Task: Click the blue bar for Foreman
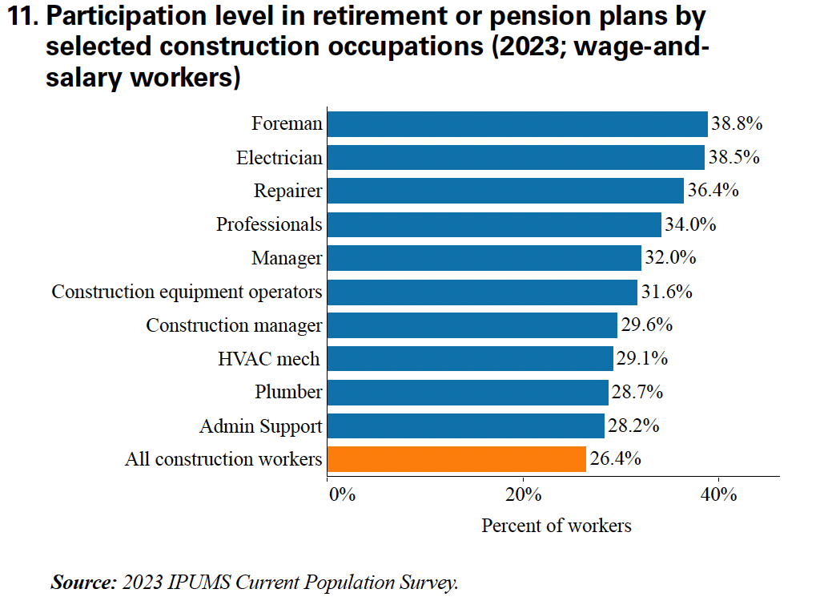point(517,124)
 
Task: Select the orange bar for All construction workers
point(456,459)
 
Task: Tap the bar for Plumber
point(468,393)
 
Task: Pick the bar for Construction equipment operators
point(482,292)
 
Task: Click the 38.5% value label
point(733,158)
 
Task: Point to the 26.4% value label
point(615,460)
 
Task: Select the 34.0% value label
point(689,225)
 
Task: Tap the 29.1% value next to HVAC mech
point(641,359)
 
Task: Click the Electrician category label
point(279,158)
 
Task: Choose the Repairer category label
point(287,192)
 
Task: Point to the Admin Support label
point(260,426)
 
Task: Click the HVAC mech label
point(268,359)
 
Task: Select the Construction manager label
point(234,325)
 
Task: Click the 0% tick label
point(342,494)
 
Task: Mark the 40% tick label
point(718,494)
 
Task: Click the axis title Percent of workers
point(556,526)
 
